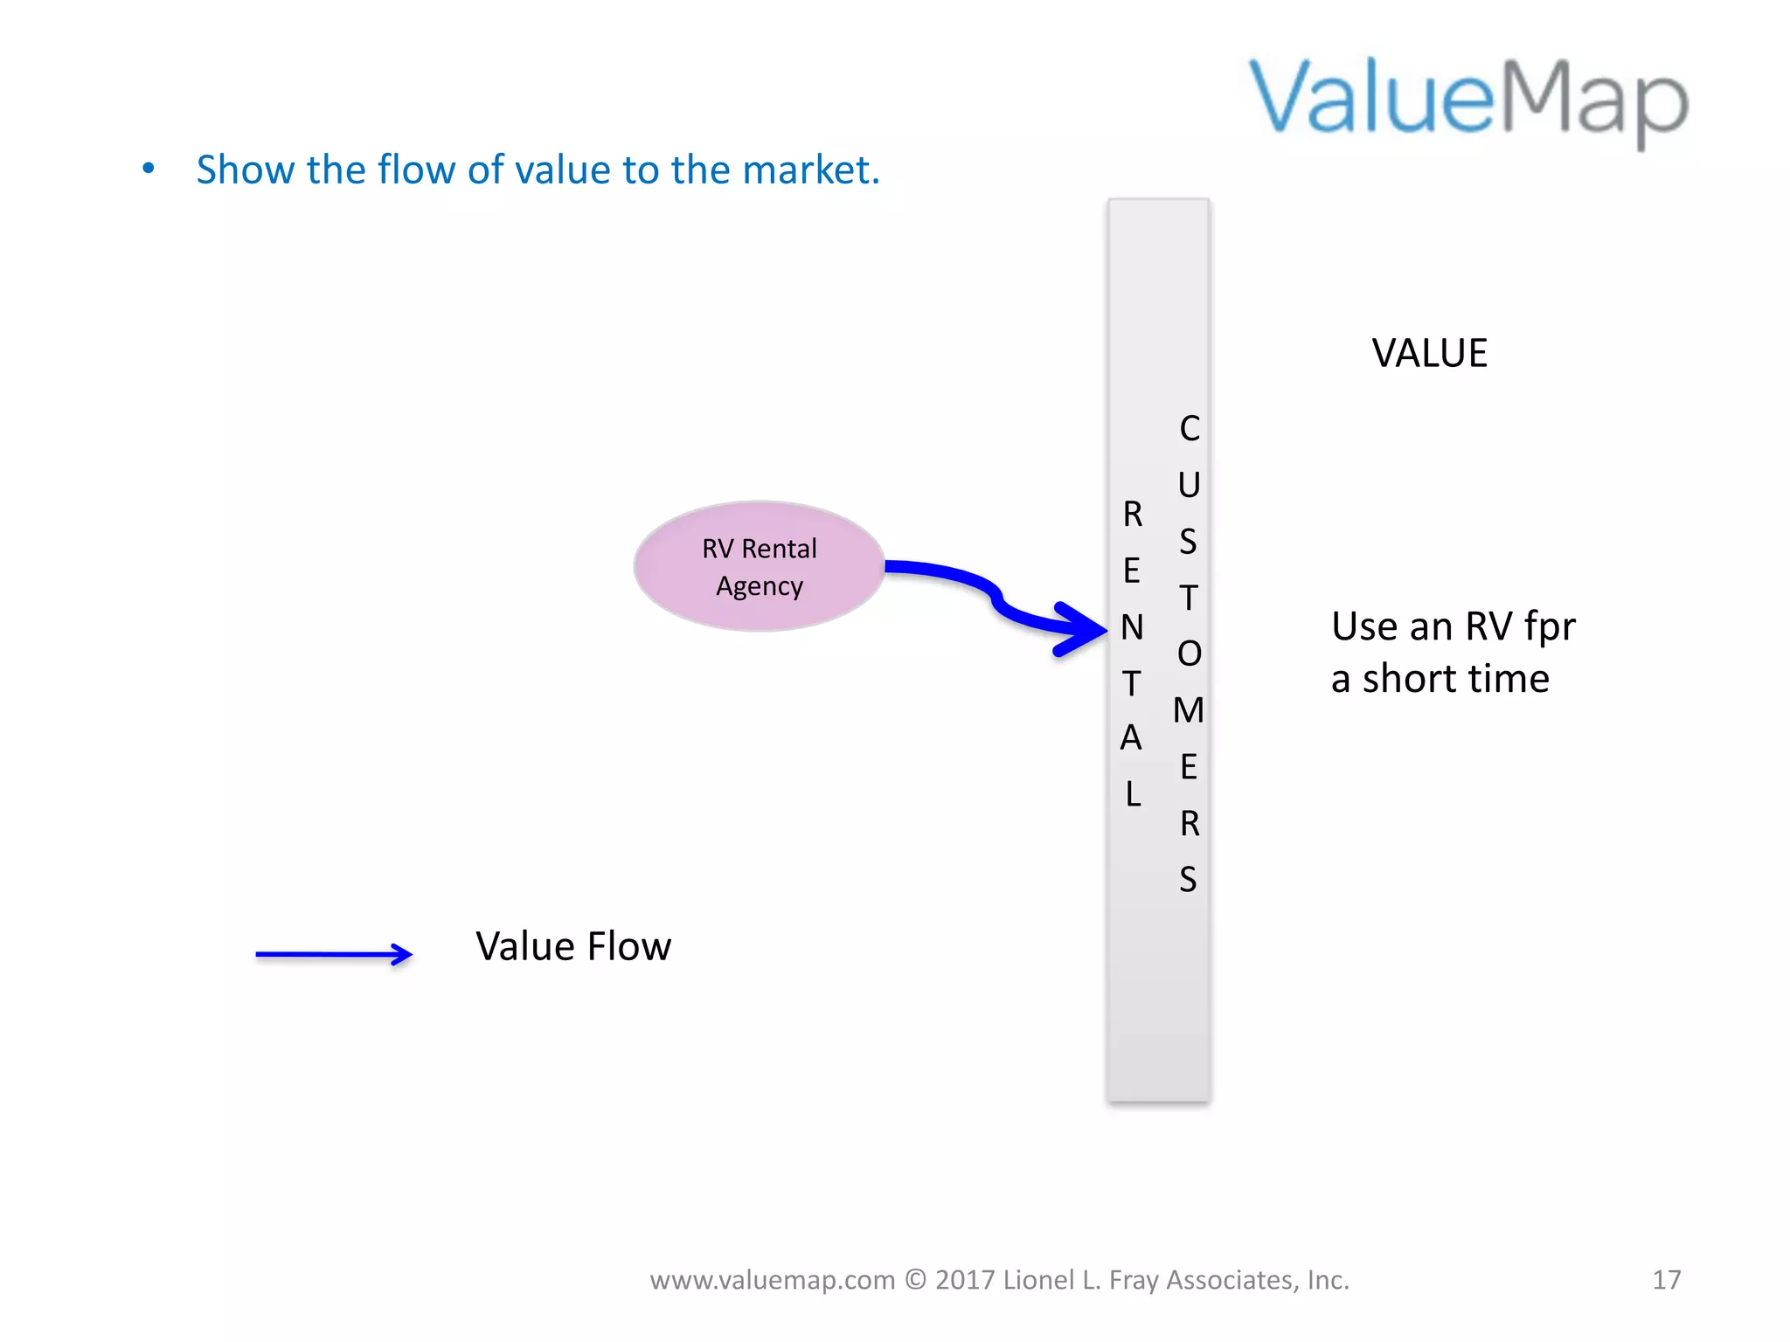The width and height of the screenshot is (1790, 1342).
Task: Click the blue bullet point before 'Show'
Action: point(149,168)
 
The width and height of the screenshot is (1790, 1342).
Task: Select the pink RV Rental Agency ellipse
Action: point(759,566)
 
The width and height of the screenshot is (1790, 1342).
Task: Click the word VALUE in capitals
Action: point(1429,353)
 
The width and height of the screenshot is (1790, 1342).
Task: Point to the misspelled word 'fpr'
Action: point(1550,627)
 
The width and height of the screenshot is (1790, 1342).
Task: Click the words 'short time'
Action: point(1456,679)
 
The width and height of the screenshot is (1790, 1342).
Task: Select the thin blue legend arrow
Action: point(333,954)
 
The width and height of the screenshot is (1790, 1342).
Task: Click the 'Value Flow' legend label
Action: point(573,946)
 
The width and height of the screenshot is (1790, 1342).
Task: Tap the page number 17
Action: point(1666,1280)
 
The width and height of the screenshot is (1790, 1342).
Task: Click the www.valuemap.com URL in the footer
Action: point(773,1280)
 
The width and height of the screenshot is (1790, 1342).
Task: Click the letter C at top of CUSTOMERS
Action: point(1190,428)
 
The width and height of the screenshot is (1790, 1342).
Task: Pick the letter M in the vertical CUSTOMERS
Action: point(1189,710)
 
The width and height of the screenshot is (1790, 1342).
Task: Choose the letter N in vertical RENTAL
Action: point(1132,627)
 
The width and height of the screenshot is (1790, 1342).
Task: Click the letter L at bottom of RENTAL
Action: point(1133,794)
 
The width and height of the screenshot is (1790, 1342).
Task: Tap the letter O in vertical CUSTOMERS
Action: point(1190,654)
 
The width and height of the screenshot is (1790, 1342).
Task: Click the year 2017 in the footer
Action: point(965,1280)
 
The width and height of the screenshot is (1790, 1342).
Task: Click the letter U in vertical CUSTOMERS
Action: point(1189,485)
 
